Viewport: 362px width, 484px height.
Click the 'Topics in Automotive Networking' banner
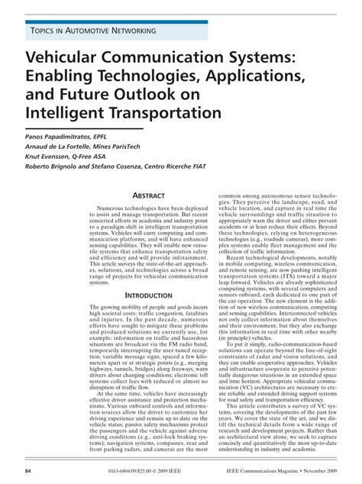tap(92, 31)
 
